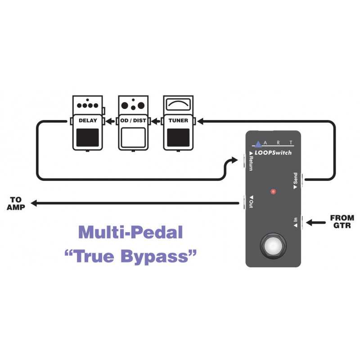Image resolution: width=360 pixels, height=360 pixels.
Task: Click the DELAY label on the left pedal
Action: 88,121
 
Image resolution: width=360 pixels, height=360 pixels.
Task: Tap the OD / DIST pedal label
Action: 133,121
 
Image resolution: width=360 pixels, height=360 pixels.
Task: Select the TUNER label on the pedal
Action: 178,121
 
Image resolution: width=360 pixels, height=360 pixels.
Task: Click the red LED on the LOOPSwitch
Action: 273,191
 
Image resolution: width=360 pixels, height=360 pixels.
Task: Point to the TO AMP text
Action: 16,203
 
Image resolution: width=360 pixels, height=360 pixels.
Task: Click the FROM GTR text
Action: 342,221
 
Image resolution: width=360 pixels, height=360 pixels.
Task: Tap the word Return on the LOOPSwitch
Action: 251,163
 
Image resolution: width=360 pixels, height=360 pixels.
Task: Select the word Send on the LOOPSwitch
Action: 295,178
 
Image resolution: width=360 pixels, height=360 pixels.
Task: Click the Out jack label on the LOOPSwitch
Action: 251,204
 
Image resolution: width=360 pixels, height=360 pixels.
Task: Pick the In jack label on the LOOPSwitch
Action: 296,220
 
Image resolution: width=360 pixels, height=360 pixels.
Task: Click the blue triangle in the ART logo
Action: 258,144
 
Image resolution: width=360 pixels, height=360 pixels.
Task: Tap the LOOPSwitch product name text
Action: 273,153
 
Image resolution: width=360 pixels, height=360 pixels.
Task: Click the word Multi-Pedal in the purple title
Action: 130,232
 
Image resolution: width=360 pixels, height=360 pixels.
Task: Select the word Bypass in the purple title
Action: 154,256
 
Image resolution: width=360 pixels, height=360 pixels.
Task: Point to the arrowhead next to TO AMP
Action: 34,203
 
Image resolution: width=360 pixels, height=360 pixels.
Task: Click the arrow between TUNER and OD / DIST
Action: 156,121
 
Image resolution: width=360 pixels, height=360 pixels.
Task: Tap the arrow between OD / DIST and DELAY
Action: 110,121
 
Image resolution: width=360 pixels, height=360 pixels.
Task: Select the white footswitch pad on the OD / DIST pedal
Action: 133,137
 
